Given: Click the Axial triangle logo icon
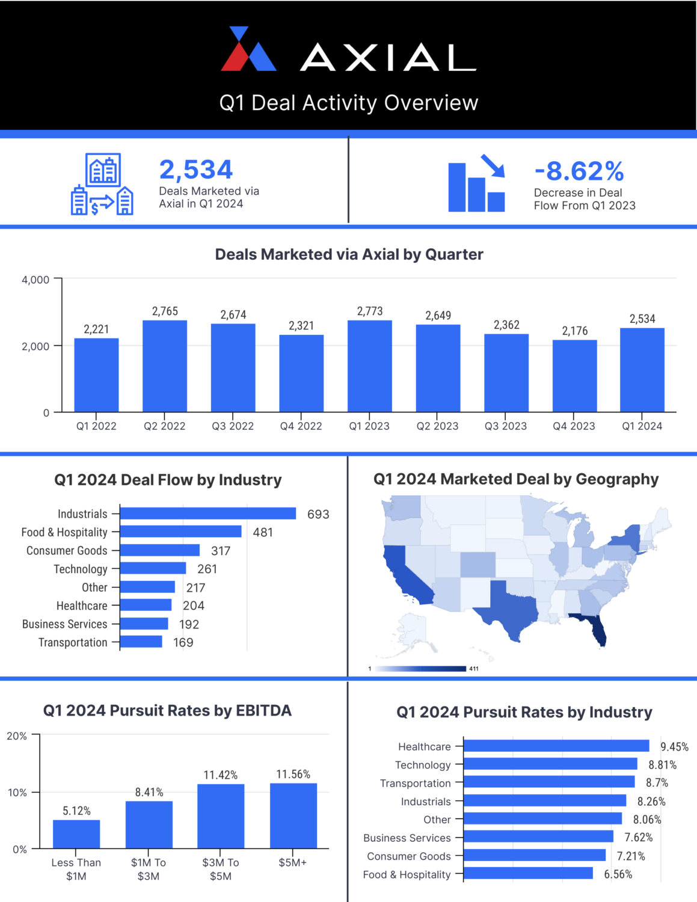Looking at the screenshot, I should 248,49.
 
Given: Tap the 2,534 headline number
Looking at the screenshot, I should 196,170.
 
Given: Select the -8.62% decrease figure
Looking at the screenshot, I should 579,171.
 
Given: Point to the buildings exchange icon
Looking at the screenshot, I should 102,184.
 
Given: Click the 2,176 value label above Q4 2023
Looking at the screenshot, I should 575,331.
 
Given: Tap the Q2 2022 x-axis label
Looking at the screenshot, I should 164,426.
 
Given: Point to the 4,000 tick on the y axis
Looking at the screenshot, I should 35,280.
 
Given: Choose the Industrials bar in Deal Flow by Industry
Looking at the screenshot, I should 208,514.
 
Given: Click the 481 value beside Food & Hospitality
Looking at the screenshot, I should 263,532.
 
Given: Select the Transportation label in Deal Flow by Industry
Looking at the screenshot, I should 73,643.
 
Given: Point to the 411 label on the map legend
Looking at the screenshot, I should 474,669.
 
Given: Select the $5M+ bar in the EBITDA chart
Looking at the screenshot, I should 293,815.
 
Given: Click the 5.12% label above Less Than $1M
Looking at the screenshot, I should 76,811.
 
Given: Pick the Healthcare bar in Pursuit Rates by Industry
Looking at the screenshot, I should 556,746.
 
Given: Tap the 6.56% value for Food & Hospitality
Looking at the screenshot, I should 618,874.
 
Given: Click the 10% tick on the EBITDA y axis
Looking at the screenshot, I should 17,793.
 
